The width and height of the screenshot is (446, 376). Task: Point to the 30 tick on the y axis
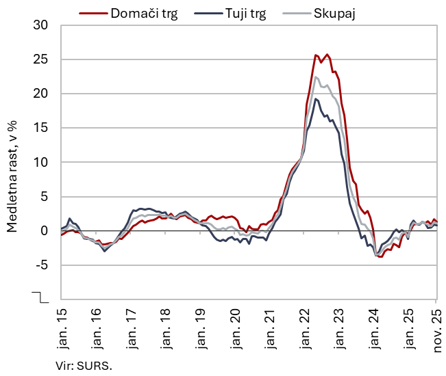pyautogui.click(x=40, y=25)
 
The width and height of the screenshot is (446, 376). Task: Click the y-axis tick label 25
pyautogui.click(x=40, y=59)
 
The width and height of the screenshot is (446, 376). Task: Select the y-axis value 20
pyautogui.click(x=40, y=94)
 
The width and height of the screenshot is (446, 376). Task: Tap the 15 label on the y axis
pyautogui.click(x=40, y=128)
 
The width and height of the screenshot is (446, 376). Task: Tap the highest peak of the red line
pyautogui.click(x=327, y=55)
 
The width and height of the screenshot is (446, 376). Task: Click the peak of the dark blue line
pyautogui.click(x=316, y=98)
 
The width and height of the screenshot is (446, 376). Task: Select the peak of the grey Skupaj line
pyautogui.click(x=316, y=77)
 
